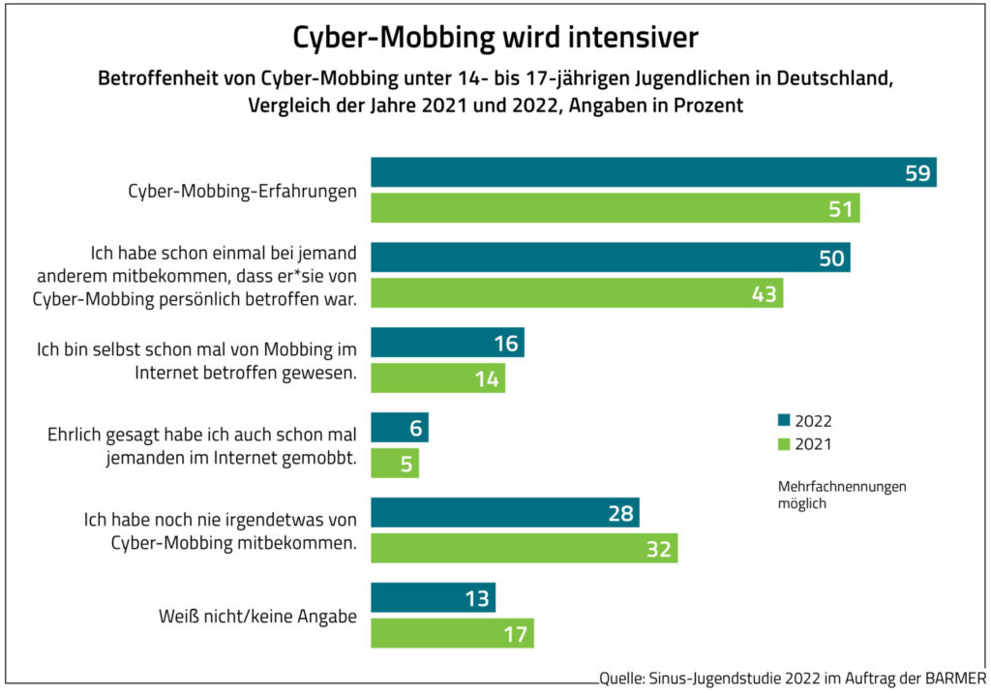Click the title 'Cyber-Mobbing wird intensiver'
(x=495, y=38)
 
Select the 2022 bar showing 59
(x=653, y=172)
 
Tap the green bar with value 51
(x=616, y=208)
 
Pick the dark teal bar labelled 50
(x=610, y=257)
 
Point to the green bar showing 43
(x=577, y=293)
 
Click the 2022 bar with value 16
(x=447, y=343)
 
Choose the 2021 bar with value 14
(x=437, y=378)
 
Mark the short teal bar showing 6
(x=399, y=428)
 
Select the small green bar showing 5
(x=395, y=464)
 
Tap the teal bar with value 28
(x=504, y=513)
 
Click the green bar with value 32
(x=524, y=549)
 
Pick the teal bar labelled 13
(x=433, y=598)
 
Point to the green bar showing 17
(x=452, y=634)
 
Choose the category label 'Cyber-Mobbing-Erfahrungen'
(x=242, y=191)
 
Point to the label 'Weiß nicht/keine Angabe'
(x=257, y=616)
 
